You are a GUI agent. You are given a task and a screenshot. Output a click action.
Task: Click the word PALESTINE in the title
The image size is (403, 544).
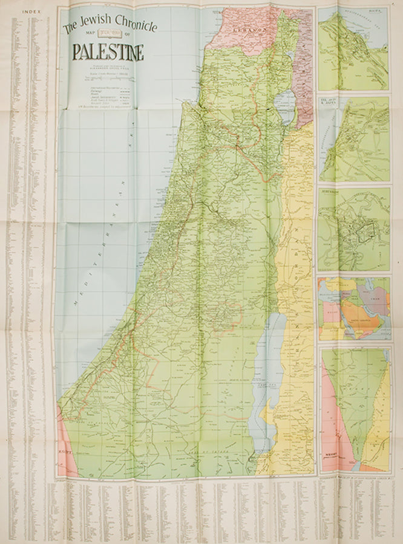[x=108, y=53]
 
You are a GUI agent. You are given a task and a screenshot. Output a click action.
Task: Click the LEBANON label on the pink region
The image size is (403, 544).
[x=255, y=29]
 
